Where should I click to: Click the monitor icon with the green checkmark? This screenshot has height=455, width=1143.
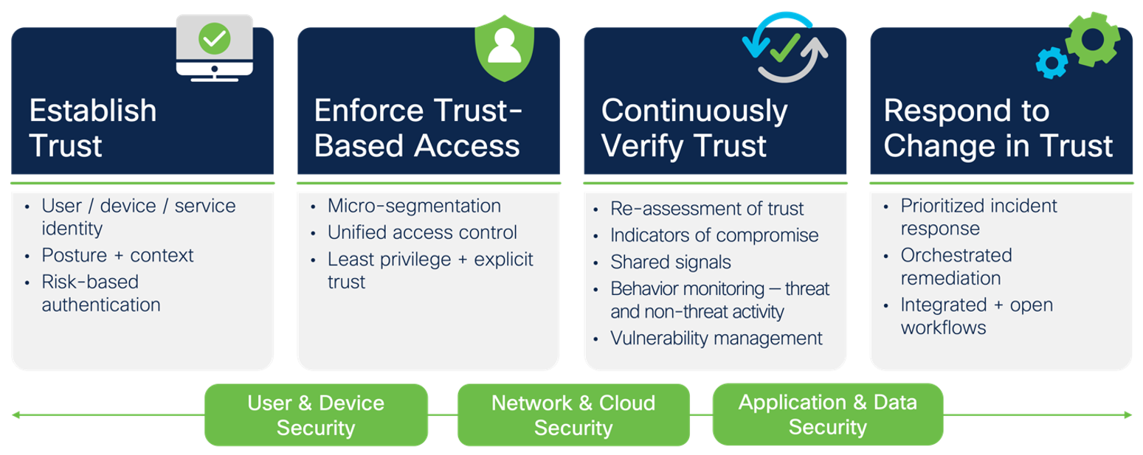215,46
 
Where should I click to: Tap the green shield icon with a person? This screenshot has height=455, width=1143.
504,46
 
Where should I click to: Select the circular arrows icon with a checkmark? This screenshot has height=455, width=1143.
785,47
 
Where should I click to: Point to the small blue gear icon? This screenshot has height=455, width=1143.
1052,63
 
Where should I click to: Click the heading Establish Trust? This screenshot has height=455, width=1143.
93,128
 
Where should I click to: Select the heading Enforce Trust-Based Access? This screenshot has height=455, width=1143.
418,128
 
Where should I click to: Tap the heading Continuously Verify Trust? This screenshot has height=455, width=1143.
694,128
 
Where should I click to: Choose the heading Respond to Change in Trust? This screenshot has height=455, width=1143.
998,128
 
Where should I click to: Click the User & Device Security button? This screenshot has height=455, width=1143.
316,415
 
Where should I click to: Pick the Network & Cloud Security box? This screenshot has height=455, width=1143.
573,415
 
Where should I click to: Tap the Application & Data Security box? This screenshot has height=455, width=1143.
827,414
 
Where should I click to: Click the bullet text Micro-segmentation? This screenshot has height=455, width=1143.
414,206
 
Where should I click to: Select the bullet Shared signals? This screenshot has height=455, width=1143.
671,262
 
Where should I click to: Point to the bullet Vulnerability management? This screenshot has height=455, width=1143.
716,338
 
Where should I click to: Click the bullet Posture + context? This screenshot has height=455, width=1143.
117,255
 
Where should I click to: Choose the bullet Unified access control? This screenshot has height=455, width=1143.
422,232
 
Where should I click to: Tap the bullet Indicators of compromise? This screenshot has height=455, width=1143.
714,235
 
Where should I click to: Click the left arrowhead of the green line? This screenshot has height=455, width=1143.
15,415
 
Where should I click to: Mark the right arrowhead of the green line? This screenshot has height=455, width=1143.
1128,415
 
